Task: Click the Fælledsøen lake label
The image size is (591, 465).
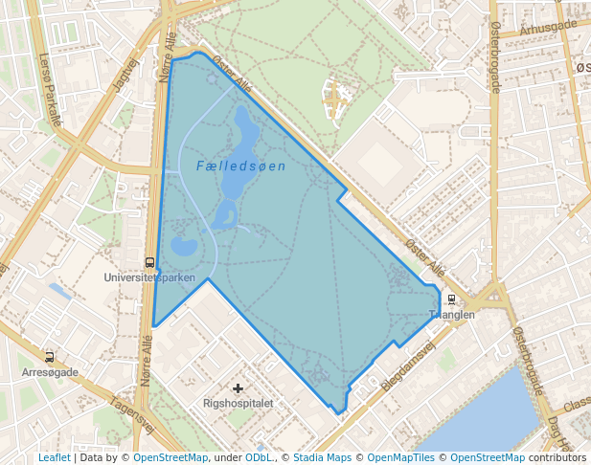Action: pos(240,166)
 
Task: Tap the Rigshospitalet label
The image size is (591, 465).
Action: pos(239,403)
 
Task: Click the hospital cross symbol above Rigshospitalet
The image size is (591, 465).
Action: pos(238,388)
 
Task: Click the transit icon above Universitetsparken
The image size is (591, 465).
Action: pos(149,262)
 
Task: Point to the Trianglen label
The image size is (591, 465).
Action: pos(451,315)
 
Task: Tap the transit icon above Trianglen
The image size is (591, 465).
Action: pos(451,300)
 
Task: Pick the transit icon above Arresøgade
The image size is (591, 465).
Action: pos(49,357)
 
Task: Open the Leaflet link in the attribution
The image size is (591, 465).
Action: pos(54,457)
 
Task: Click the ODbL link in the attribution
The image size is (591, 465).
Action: pos(258,457)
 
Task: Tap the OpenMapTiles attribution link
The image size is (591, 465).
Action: pos(401,457)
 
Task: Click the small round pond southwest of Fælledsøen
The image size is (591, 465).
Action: pos(183,247)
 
